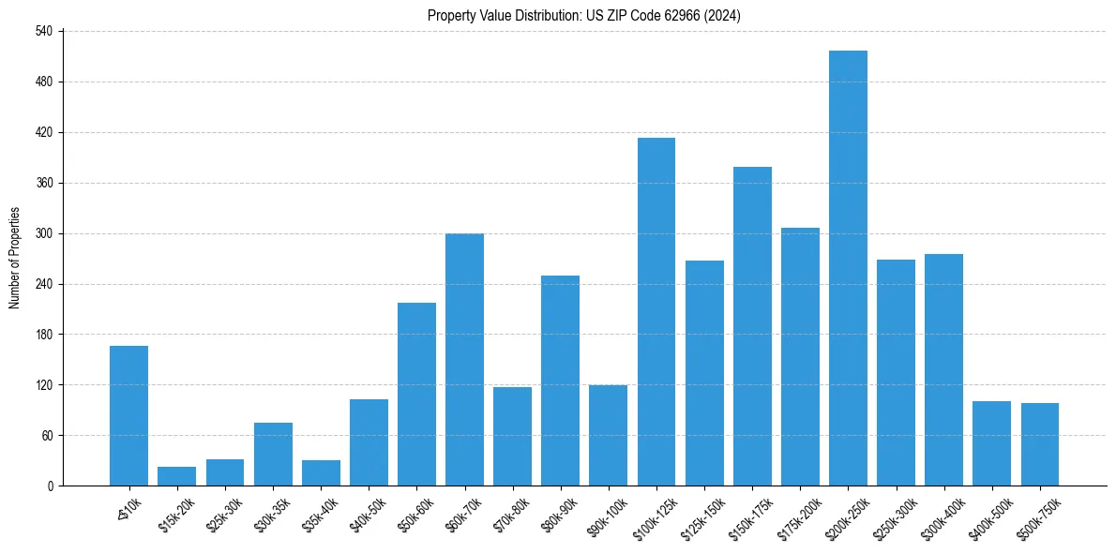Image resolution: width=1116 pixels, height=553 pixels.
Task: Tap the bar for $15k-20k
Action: [x=176, y=476]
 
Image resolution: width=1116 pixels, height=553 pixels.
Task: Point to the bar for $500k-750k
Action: [x=1040, y=444]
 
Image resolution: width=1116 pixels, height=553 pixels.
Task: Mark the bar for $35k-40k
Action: [x=321, y=472]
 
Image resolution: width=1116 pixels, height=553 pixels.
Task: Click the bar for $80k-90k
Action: [x=560, y=381]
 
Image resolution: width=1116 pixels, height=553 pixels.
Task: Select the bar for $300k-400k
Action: [x=943, y=369]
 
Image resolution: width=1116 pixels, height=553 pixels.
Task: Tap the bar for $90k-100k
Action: [x=608, y=435]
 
